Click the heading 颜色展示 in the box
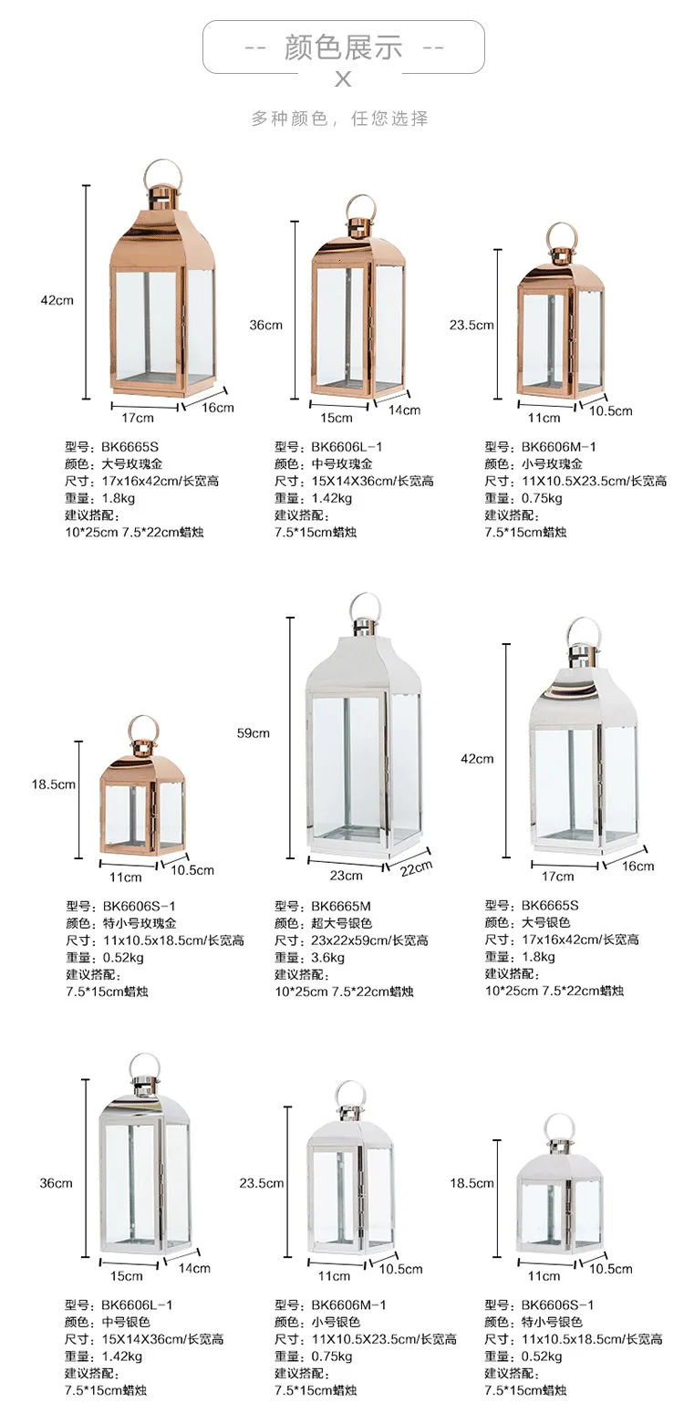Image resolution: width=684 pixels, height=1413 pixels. pyautogui.click(x=343, y=47)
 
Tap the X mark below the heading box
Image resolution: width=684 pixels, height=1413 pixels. pyautogui.click(x=343, y=80)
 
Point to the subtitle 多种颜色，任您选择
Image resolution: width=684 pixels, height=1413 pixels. pyautogui.click(x=340, y=119)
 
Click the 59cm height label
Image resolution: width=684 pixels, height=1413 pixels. pyautogui.click(x=254, y=732)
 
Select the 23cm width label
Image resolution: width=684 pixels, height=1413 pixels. pyautogui.click(x=346, y=875)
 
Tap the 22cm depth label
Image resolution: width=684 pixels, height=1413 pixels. pyautogui.click(x=415, y=868)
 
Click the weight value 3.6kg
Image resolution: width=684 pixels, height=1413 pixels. pyautogui.click(x=327, y=957)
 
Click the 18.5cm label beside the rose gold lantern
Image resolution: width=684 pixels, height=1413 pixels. pyautogui.click(x=54, y=784)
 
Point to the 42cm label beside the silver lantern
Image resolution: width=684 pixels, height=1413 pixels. pyautogui.click(x=478, y=758)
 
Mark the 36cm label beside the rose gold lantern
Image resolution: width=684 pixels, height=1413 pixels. pyautogui.click(x=266, y=325)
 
